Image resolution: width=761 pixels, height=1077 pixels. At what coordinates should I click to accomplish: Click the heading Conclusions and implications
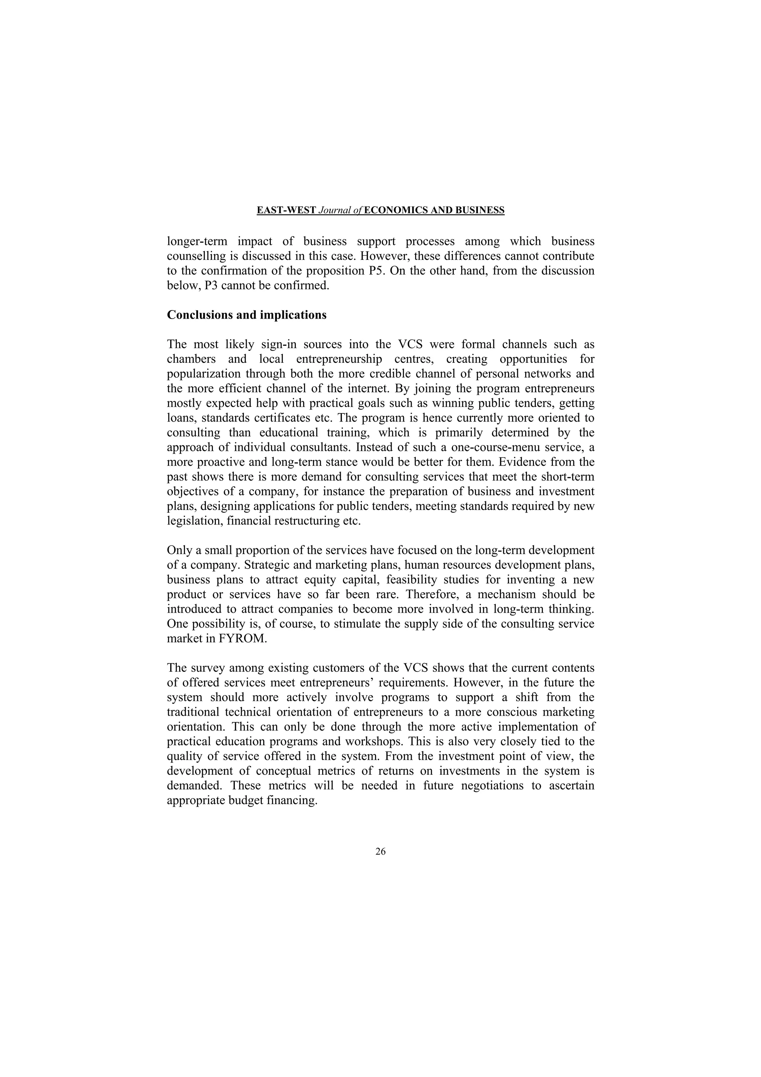coord(247,315)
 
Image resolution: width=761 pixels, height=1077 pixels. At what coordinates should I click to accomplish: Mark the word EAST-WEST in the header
coord(286,210)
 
